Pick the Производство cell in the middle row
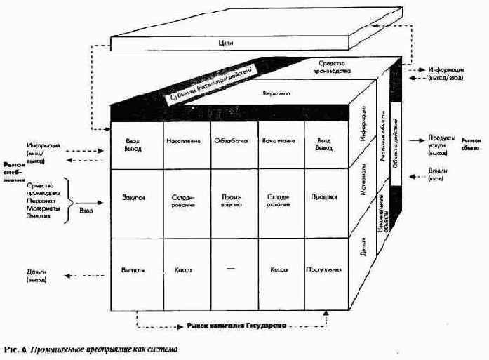pyautogui.click(x=232, y=201)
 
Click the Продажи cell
pyautogui.click(x=323, y=198)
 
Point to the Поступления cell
pyautogui.click(x=323, y=269)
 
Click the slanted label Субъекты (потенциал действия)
pyautogui.click(x=210, y=81)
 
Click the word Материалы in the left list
pyautogui.click(x=43, y=208)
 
